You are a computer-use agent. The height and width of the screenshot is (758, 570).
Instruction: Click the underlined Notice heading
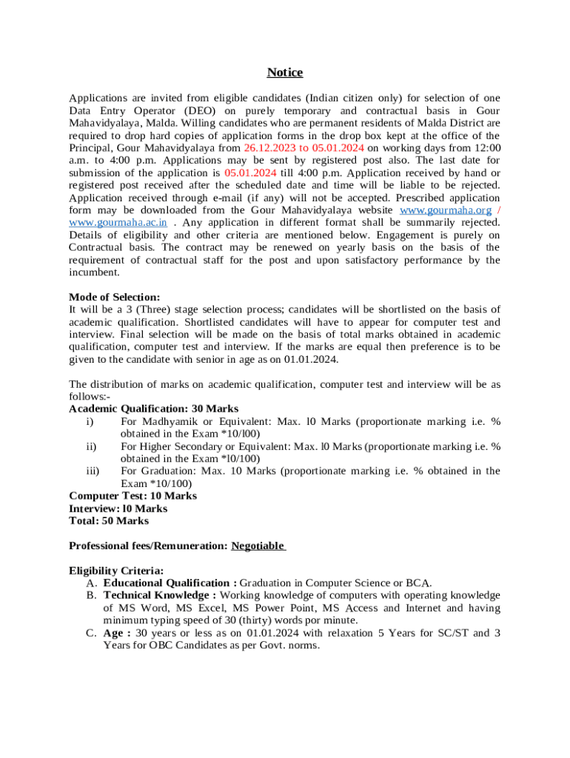coord(285,73)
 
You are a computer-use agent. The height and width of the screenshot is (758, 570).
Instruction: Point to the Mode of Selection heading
coord(114,297)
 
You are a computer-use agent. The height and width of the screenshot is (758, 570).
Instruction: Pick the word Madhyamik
coord(170,421)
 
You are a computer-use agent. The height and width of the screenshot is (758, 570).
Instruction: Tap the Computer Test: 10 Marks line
coord(133,496)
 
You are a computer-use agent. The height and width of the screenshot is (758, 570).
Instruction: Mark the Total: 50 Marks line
coord(108,521)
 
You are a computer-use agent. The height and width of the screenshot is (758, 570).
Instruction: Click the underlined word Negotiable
coord(258,546)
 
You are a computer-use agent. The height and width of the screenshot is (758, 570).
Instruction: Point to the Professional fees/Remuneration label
coord(148,546)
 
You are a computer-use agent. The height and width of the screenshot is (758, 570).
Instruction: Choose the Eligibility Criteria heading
coord(116,571)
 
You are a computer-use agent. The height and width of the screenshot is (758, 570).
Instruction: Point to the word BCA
coord(419,583)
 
